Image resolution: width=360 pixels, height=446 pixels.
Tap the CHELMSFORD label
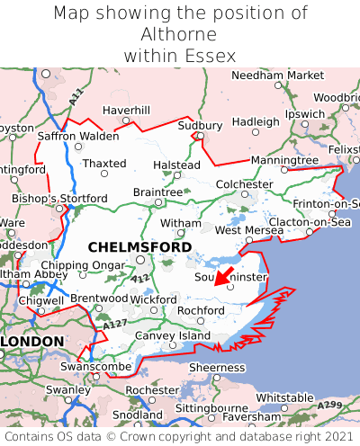[x=139, y=246]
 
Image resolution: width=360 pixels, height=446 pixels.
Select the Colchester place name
[x=243, y=184]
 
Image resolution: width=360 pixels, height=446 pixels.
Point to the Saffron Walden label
[x=77, y=136]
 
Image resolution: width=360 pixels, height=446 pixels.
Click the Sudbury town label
[x=201, y=125]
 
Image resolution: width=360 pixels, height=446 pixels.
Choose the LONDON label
[x=32, y=342]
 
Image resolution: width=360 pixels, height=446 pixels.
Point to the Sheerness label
[x=215, y=367]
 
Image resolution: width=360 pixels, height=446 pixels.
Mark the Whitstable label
[x=284, y=397]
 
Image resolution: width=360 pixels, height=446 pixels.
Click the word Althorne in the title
[x=179, y=34]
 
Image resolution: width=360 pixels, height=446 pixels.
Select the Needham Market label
[x=276, y=76]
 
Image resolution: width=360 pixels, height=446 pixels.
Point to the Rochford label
[x=200, y=310]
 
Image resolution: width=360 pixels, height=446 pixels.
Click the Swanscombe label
[x=88, y=367]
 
